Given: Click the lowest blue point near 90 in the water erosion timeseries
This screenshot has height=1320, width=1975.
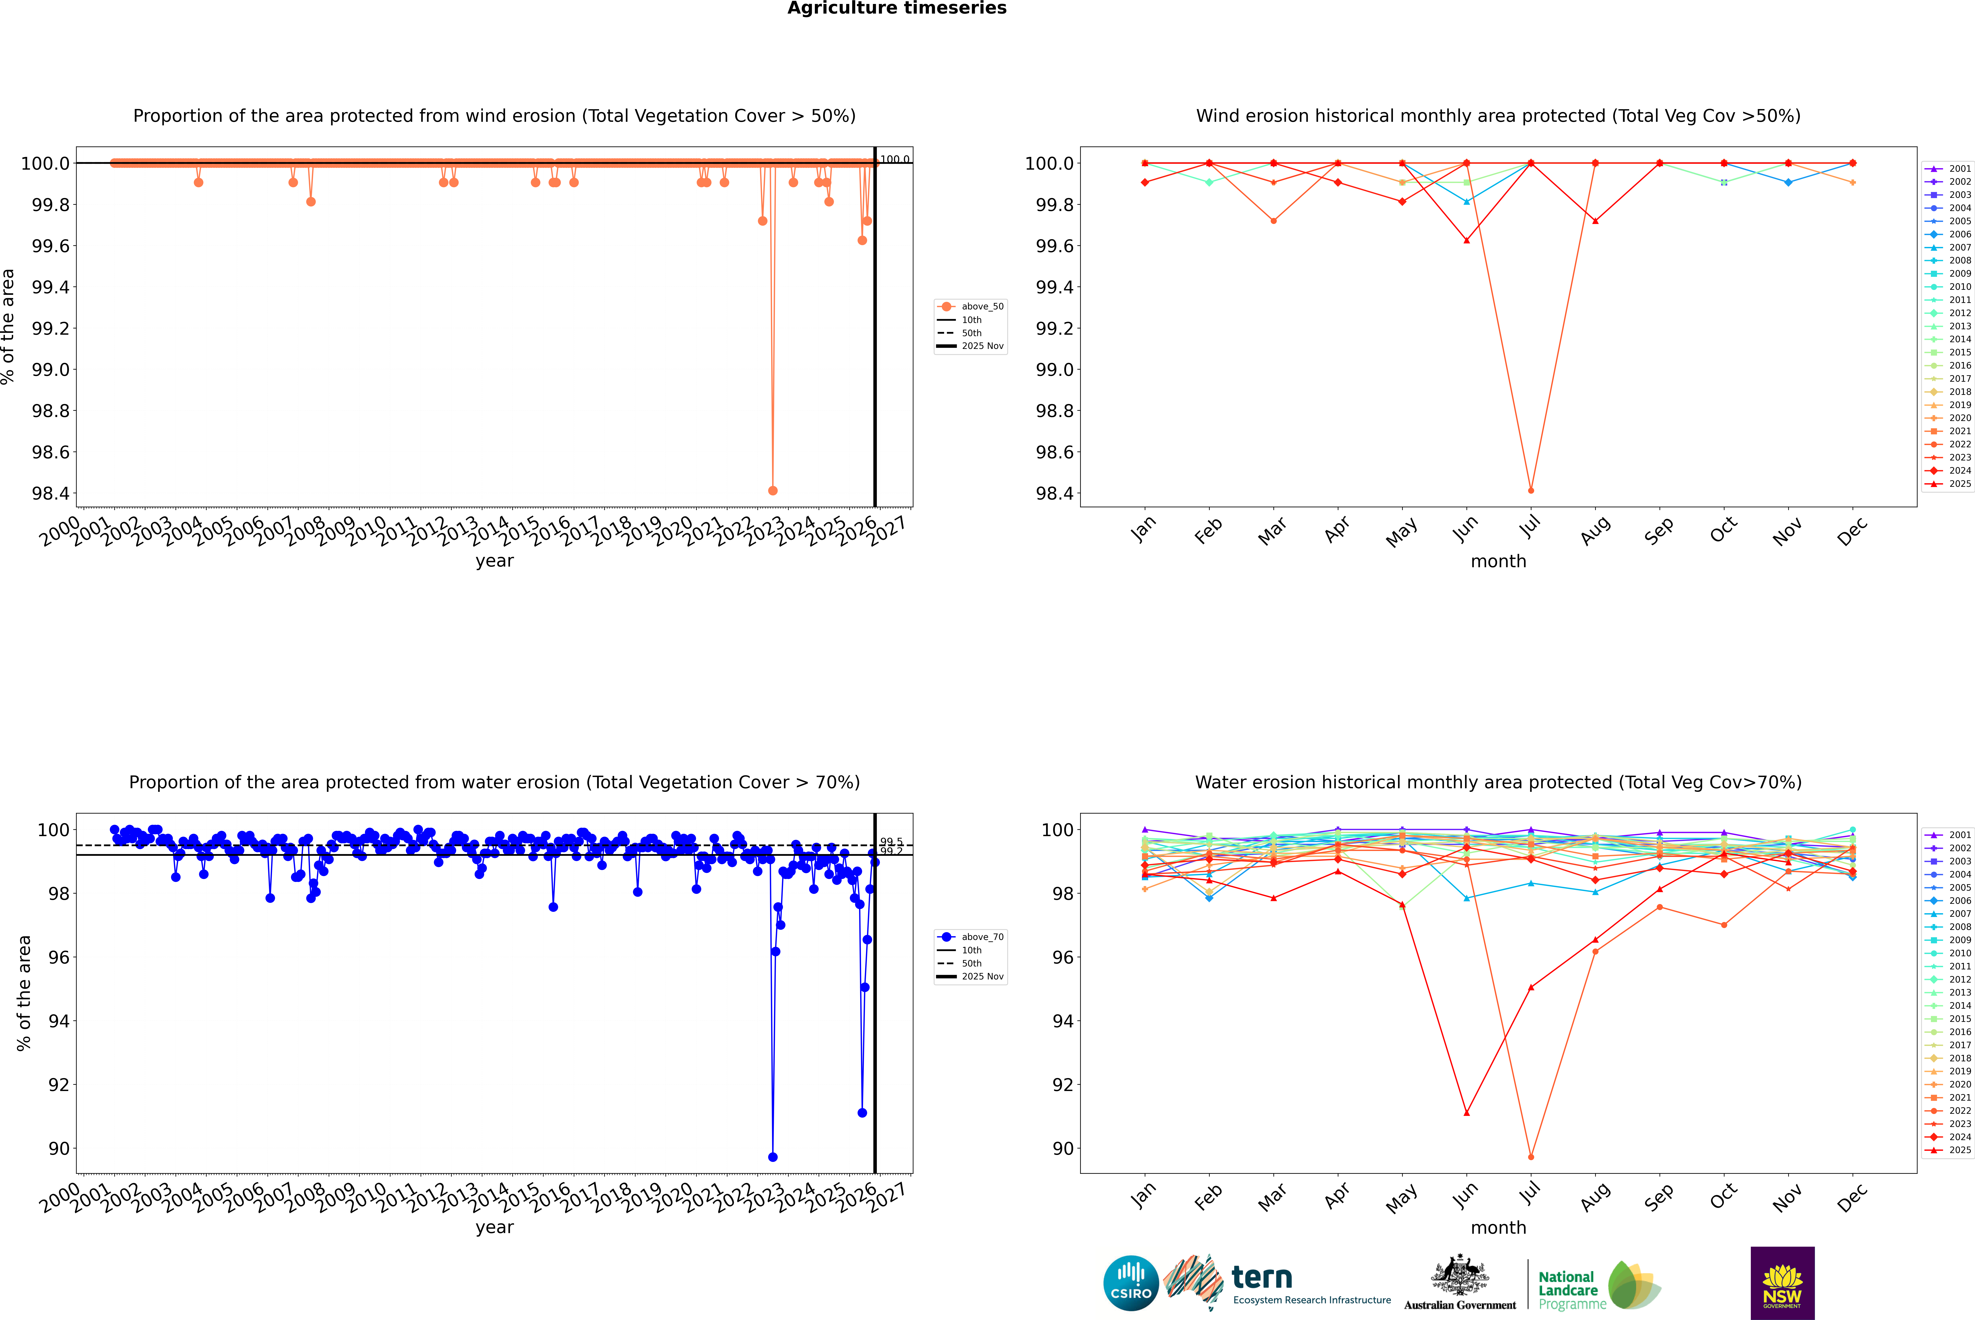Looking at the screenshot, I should [773, 1157].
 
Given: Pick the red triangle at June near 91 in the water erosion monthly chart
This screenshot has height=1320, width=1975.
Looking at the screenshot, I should [1466, 1113].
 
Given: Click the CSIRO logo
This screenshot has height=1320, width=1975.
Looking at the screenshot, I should [1131, 1283].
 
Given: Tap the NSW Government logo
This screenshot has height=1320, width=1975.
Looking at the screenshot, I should [1782, 1283].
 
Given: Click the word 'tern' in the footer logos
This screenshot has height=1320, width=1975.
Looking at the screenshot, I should [1261, 1277].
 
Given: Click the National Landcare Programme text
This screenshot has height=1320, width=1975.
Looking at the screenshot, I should [1568, 1290].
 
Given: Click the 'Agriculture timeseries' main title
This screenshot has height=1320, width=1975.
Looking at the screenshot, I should [897, 8].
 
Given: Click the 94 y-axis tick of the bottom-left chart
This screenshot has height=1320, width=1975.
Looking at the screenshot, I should [59, 1021].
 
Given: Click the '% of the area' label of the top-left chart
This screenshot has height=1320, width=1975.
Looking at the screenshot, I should [8, 327].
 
